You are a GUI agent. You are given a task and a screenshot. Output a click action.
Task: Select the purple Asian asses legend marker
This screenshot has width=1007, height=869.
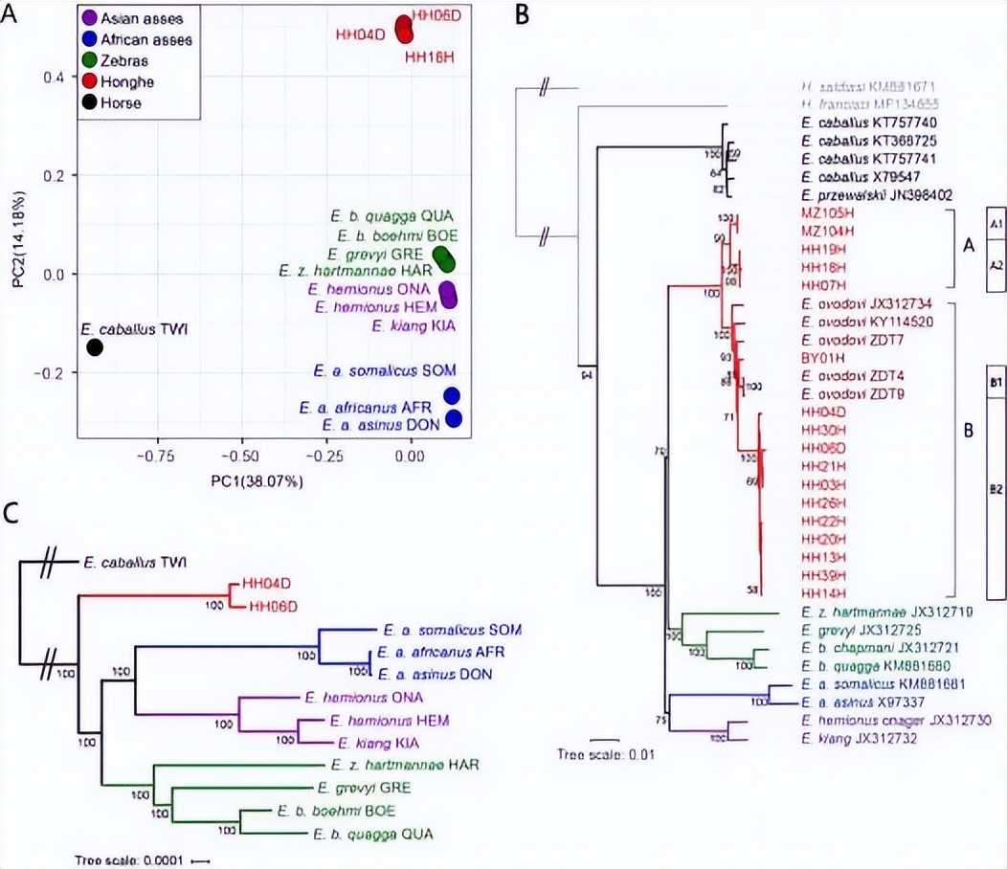tap(90, 19)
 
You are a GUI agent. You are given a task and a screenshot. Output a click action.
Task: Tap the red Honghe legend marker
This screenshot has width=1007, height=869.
tap(90, 81)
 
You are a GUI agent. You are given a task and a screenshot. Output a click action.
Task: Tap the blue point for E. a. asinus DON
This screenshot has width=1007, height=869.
tap(454, 418)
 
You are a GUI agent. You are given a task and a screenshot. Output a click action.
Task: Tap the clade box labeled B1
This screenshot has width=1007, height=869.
tap(996, 383)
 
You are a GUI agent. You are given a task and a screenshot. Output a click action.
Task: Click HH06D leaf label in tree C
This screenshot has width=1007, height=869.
tap(275, 606)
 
